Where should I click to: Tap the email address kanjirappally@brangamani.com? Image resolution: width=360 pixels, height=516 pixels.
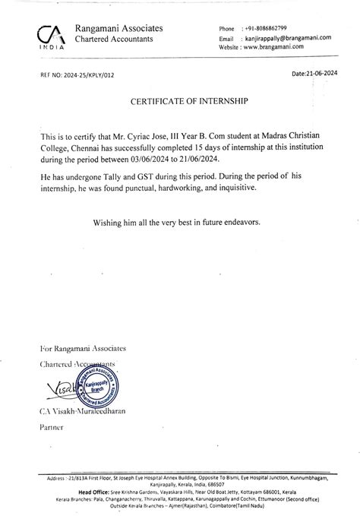(287, 37)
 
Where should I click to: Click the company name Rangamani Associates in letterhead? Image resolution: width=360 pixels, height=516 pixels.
(118, 28)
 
